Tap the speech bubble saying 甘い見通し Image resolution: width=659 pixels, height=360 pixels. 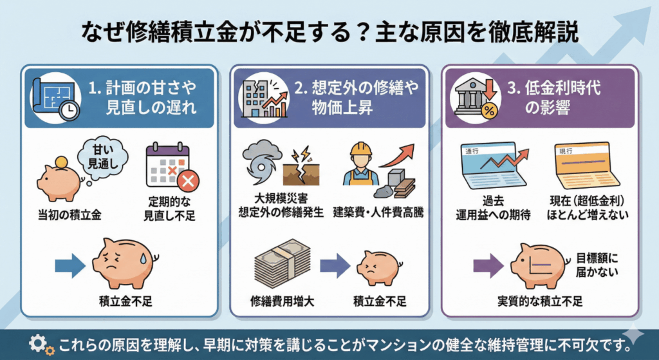coord(102,154)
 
